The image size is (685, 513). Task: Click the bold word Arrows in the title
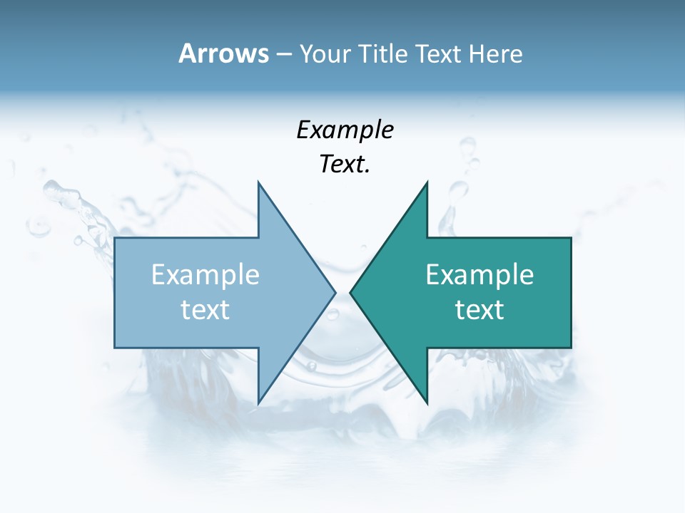(x=223, y=53)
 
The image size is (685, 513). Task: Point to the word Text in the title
(x=440, y=54)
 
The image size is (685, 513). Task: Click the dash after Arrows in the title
(x=283, y=55)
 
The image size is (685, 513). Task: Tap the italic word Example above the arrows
(x=345, y=131)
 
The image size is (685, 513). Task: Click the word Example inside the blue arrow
(x=205, y=275)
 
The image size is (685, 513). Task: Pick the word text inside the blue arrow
(x=205, y=310)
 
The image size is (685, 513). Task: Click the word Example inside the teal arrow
(x=479, y=275)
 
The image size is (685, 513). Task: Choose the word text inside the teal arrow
(x=479, y=310)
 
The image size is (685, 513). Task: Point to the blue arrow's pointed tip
(x=335, y=292)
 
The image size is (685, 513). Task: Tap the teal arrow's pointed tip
(x=350, y=292)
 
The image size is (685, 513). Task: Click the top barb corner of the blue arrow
(x=258, y=182)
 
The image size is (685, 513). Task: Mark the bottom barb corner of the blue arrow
(x=258, y=403)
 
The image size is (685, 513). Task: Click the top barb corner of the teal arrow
(x=427, y=182)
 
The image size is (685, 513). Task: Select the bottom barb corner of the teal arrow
(x=427, y=403)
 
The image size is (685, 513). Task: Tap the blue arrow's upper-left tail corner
(x=115, y=238)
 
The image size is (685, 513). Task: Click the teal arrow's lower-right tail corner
(x=571, y=347)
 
